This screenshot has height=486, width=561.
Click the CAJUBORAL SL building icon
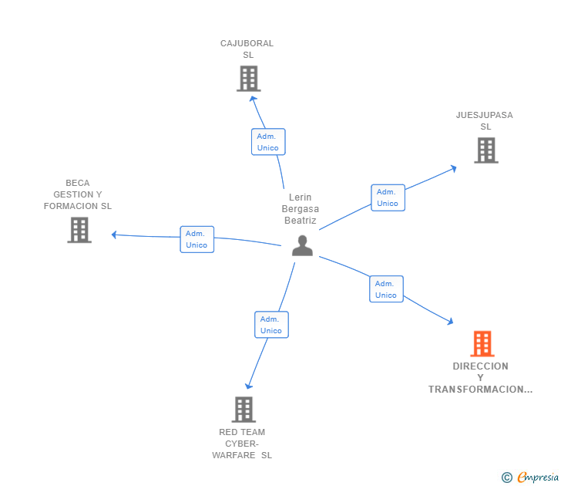click(248, 79)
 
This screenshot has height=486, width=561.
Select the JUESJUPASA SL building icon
click(485, 150)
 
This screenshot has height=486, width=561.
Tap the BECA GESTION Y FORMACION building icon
click(79, 230)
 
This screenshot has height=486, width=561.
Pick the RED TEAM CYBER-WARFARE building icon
click(244, 410)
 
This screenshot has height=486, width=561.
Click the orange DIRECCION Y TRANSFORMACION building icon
click(482, 343)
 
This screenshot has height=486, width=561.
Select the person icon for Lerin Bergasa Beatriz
click(303, 245)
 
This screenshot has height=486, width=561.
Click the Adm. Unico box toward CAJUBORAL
click(268, 142)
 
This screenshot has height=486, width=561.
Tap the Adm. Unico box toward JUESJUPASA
click(388, 197)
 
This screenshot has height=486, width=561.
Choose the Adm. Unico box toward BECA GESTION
click(197, 239)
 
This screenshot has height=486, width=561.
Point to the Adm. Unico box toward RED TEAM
click(271, 325)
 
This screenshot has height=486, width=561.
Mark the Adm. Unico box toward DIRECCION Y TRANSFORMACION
click(386, 289)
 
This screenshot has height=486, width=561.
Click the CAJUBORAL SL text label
click(247, 49)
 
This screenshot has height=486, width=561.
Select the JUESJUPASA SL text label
click(484, 121)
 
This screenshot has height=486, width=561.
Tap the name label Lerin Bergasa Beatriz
click(300, 209)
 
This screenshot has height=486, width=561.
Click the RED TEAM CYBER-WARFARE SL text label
click(243, 444)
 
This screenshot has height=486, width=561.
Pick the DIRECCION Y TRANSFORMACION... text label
click(481, 378)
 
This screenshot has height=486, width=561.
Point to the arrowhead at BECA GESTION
click(114, 235)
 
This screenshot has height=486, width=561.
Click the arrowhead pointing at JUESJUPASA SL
click(454, 167)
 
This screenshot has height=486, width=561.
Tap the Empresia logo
click(538, 478)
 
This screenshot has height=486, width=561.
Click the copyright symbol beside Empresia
click(507, 478)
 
